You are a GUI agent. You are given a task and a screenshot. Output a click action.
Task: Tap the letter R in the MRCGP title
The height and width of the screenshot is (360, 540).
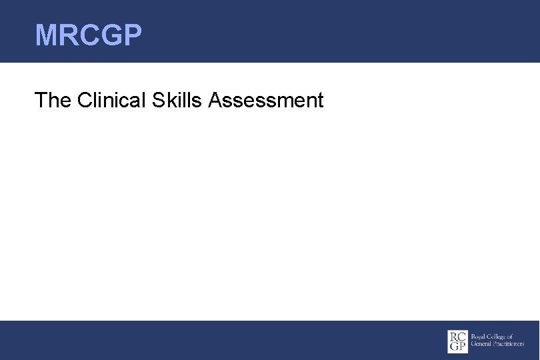pos(69,35)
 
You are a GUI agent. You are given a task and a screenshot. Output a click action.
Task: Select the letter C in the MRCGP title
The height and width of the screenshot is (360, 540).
pos(89,35)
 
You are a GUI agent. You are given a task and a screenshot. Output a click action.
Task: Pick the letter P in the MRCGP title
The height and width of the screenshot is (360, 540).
pos(132,35)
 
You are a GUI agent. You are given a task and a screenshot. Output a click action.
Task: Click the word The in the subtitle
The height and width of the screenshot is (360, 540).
pos(53,100)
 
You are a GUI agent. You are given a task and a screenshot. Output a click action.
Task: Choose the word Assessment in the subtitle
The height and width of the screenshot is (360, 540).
pos(266,100)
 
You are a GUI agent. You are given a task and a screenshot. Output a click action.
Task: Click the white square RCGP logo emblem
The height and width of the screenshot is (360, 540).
pos(457,341)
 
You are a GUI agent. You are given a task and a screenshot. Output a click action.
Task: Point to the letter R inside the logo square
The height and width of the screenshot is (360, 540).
pos(453,336)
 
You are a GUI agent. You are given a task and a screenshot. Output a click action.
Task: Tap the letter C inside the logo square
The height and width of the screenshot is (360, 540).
pos(462,336)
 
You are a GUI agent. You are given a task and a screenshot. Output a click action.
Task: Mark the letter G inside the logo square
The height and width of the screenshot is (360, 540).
pos(453,347)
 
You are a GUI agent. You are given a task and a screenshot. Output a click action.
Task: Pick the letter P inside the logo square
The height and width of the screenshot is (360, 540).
pos(462,347)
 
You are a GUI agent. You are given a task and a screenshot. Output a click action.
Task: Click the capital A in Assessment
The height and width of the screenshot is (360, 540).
pos(215,100)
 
